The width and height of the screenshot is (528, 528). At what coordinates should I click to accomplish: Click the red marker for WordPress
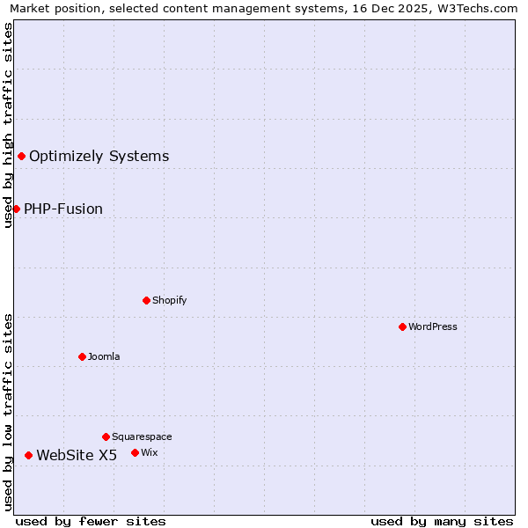tap(402, 326)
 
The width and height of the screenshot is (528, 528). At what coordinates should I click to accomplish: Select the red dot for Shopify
tap(146, 300)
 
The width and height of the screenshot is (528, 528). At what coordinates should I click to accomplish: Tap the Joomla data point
tap(82, 356)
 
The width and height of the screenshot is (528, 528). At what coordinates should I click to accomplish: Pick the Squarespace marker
tap(106, 436)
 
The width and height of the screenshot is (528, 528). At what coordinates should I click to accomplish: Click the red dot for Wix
tap(135, 452)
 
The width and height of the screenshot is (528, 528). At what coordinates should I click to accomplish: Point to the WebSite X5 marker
tap(28, 455)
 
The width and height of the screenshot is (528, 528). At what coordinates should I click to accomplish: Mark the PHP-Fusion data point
tap(16, 209)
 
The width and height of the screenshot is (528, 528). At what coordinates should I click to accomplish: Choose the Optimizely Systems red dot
tap(21, 156)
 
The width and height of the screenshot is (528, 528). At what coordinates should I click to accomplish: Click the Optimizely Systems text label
tap(99, 157)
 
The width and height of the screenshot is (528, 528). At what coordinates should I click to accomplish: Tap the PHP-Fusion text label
tap(63, 209)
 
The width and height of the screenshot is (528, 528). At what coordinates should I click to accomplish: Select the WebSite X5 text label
tap(77, 455)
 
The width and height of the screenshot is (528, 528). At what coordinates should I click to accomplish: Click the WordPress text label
tap(433, 326)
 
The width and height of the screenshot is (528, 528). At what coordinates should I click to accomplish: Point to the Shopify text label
tap(170, 300)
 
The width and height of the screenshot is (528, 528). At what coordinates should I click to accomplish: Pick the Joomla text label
tap(104, 356)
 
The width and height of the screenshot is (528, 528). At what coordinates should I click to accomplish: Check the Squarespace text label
tap(142, 436)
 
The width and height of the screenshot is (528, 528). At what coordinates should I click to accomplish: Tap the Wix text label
tap(150, 452)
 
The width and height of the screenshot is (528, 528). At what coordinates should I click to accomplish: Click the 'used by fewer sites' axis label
tap(91, 521)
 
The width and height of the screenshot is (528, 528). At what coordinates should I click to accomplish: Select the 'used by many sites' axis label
tap(442, 521)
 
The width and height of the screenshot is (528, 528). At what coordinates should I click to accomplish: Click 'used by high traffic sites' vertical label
tap(8, 125)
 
